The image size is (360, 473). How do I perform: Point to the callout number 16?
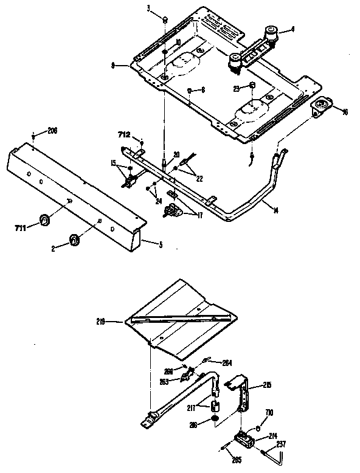(345, 112)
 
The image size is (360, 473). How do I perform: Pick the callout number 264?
(227, 362)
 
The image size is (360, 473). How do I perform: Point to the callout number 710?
(269, 413)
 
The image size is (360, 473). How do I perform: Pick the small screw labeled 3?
(165, 20)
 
